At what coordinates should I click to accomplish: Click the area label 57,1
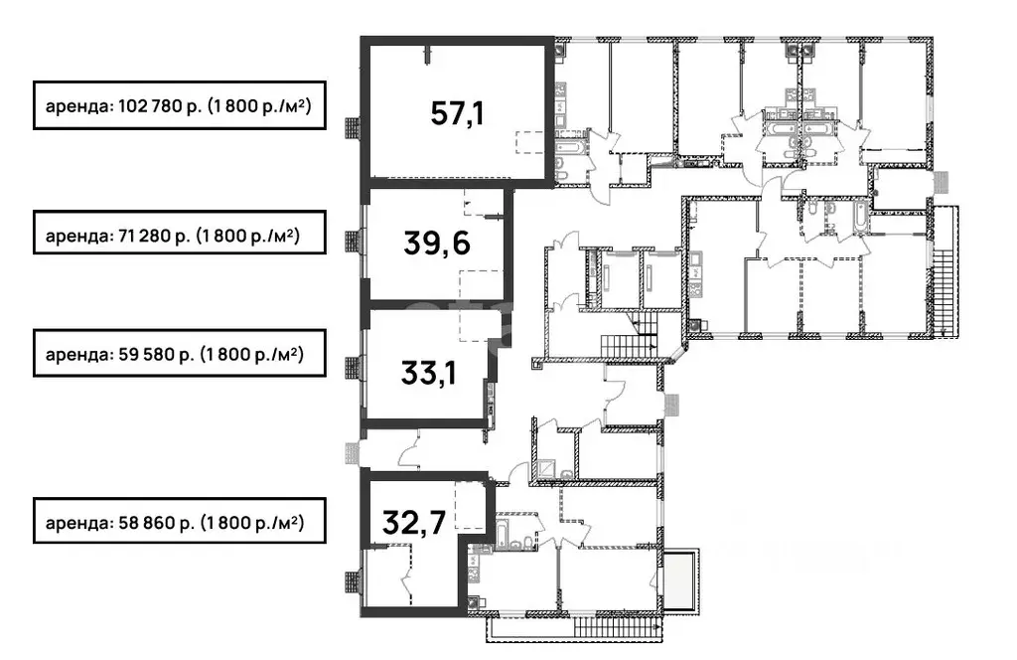click(457, 114)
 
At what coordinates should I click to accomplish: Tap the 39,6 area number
click(437, 244)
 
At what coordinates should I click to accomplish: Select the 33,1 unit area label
click(428, 373)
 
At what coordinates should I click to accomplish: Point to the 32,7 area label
click(414, 523)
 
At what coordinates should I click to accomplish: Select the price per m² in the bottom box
click(251, 523)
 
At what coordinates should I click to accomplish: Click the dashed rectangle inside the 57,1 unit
click(530, 142)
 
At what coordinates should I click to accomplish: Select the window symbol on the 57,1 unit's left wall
click(353, 128)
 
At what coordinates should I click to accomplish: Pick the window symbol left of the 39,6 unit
click(353, 243)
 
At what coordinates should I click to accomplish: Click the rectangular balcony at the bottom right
click(679, 580)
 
